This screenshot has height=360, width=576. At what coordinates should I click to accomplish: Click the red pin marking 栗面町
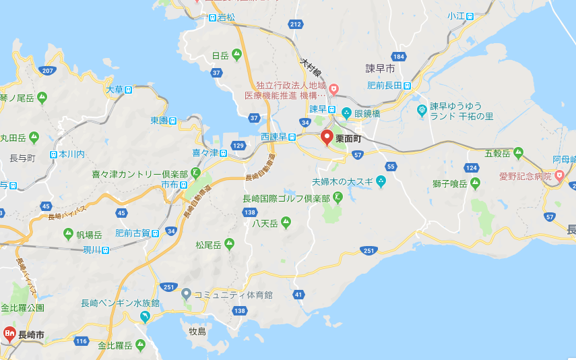pyautogui.click(x=327, y=138)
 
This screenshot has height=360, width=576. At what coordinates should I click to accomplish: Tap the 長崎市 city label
pyautogui.click(x=31, y=334)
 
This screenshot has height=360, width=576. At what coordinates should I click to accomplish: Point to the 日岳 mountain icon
pyautogui.click(x=236, y=55)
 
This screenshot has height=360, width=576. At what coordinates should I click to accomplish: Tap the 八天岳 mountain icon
pyautogui.click(x=286, y=222)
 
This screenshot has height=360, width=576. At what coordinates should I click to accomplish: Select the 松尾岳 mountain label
pyautogui.click(x=208, y=243)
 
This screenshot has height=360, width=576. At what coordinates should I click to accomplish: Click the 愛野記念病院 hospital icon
pyautogui.click(x=559, y=176)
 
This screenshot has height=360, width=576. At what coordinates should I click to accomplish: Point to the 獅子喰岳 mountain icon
pyautogui.click(x=475, y=183)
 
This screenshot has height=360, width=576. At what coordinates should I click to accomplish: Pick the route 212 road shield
pyautogui.click(x=294, y=25)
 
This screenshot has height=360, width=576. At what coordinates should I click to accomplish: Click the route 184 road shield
pyautogui.click(x=400, y=56)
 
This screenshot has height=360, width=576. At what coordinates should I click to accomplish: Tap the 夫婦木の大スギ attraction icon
pyautogui.click(x=381, y=181)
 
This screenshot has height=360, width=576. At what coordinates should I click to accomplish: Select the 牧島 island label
pyautogui.click(x=197, y=331)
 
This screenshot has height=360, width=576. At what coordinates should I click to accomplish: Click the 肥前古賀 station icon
pyautogui.click(x=156, y=233)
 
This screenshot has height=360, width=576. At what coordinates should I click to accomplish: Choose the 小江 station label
pyautogui.click(x=456, y=16)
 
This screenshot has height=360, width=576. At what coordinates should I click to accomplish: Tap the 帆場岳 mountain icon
pyautogui.click(x=68, y=233)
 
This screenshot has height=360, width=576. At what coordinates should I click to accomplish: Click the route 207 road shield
pyautogui.click(x=47, y=71)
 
